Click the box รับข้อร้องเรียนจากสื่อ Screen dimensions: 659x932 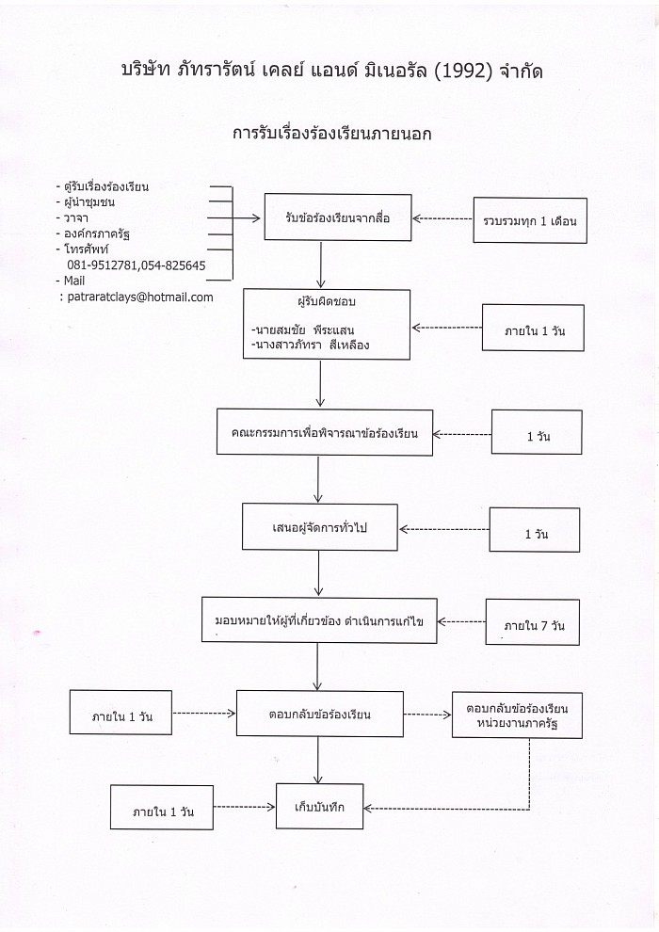point(338,217)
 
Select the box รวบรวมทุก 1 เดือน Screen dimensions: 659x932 point(530,220)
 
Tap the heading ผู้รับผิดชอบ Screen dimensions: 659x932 point(327,301)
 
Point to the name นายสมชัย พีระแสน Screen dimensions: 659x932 point(303,329)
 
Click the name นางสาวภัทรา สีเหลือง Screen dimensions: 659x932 point(310,345)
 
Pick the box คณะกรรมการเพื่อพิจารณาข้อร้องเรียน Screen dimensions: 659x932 point(325,433)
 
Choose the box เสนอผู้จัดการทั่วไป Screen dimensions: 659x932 point(320,527)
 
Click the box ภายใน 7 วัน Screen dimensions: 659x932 point(533,622)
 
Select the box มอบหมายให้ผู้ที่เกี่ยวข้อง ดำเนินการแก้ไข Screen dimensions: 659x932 point(319,620)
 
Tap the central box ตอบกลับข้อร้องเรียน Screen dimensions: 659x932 point(320,714)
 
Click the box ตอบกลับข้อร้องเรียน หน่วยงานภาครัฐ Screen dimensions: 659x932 point(517,715)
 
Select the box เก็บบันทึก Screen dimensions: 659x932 point(319,807)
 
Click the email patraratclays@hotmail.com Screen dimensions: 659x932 point(140,297)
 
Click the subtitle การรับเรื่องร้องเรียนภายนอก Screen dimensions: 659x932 point(332,133)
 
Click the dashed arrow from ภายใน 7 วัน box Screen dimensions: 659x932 point(461,621)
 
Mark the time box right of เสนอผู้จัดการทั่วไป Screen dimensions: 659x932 point(534,530)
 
